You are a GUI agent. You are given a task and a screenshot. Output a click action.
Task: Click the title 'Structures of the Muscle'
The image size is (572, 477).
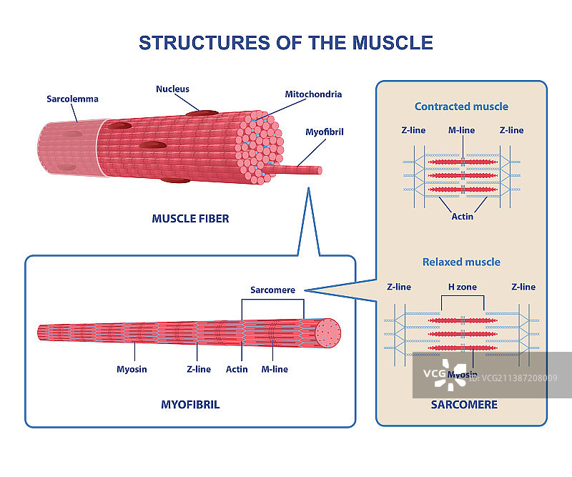[x=286, y=42]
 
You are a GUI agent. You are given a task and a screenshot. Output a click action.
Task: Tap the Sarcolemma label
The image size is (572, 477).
[x=72, y=99]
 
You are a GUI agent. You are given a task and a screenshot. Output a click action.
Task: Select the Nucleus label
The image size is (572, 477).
[x=172, y=89]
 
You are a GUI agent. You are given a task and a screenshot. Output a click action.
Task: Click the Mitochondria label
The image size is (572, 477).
[x=313, y=94]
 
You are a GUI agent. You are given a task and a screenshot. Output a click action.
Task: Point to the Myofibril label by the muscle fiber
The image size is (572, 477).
[x=325, y=132]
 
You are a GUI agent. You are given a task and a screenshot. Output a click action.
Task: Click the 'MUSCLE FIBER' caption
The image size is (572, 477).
[x=190, y=218]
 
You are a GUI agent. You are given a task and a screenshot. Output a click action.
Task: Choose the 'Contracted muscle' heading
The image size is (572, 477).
[x=461, y=107]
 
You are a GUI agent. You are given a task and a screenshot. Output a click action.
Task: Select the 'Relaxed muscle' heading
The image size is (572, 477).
[x=461, y=262]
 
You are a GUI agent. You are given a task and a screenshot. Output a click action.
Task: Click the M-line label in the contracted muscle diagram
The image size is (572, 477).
[x=462, y=130]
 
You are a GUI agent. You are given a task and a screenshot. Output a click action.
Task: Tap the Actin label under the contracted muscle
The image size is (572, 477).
[x=462, y=216]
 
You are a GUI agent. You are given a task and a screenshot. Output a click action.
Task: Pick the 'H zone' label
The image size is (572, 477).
[x=462, y=287]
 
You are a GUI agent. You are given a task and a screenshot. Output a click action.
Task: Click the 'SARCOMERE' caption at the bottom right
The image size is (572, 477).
[x=463, y=405]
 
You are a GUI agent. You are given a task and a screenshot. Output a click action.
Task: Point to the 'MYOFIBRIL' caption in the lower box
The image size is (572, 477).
[x=190, y=405]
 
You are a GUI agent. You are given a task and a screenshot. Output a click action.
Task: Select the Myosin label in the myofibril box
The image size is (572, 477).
[x=132, y=369]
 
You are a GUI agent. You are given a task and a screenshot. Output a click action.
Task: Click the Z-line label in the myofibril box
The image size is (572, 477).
[x=198, y=369]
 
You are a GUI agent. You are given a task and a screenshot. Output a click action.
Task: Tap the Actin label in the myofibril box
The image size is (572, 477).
[x=237, y=369]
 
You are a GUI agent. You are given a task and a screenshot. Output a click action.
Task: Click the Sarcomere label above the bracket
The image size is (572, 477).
[x=272, y=290]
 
